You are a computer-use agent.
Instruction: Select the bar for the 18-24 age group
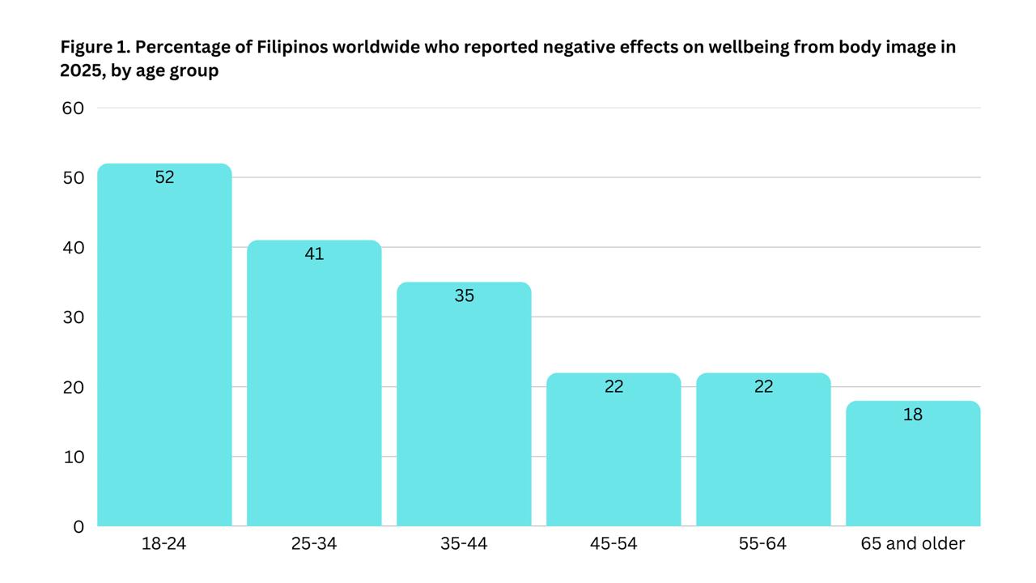(x=164, y=348)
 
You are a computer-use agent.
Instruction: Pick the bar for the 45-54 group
(x=614, y=453)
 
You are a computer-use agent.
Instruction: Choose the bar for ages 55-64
(x=763, y=453)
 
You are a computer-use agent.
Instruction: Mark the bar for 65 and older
(x=913, y=468)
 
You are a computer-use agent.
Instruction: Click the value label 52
(x=164, y=177)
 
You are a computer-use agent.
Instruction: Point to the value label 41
(x=314, y=253)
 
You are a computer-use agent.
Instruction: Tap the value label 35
(x=464, y=296)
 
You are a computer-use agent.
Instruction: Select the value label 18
(x=913, y=415)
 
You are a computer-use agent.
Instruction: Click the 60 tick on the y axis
(x=73, y=108)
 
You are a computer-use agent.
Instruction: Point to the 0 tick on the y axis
(x=79, y=526)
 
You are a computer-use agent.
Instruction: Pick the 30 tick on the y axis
(x=73, y=317)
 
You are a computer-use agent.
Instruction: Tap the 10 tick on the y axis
(x=73, y=457)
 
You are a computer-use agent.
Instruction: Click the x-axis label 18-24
(x=164, y=543)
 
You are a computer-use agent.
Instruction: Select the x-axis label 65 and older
(x=913, y=543)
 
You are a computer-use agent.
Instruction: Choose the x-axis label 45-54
(x=614, y=543)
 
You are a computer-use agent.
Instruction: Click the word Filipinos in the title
(x=294, y=47)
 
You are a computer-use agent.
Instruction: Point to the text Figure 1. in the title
(x=95, y=47)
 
